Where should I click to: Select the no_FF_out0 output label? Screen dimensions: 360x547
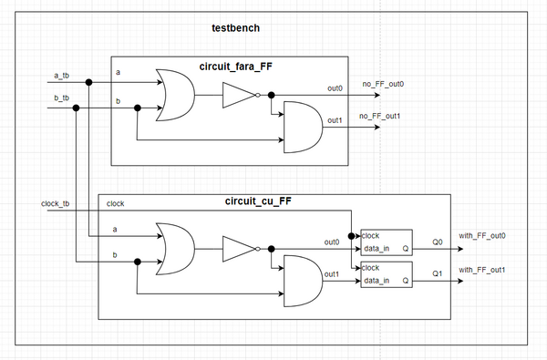383,84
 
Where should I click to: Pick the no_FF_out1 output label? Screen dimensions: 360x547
383,116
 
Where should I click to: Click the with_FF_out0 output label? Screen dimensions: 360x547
482,236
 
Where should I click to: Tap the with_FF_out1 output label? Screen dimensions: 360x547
482,270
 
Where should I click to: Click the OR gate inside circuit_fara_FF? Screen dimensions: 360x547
174,95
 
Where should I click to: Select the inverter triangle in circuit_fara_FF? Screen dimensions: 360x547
239,95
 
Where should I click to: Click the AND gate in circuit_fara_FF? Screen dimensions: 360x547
304,127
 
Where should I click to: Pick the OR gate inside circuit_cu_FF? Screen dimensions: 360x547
174,248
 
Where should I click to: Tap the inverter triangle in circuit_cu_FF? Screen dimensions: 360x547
239,248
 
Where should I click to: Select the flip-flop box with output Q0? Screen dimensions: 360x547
387,242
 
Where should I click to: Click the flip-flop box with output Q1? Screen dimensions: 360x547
387,274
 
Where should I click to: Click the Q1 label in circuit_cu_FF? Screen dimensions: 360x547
438,273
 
